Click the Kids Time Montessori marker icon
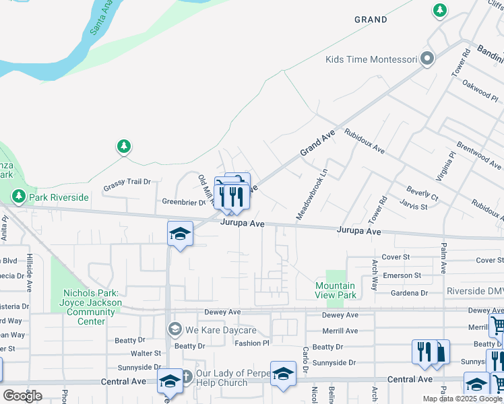tap(427, 60)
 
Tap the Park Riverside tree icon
tap(19, 197)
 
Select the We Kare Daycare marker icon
tap(175, 329)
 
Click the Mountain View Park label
tap(336, 290)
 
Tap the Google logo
tap(22, 395)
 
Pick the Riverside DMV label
tap(474, 292)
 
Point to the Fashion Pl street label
tap(252, 343)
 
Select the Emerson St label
tap(402, 275)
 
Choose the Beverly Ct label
tap(422, 194)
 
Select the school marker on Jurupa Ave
tap(180, 234)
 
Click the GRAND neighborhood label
tap(371, 20)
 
